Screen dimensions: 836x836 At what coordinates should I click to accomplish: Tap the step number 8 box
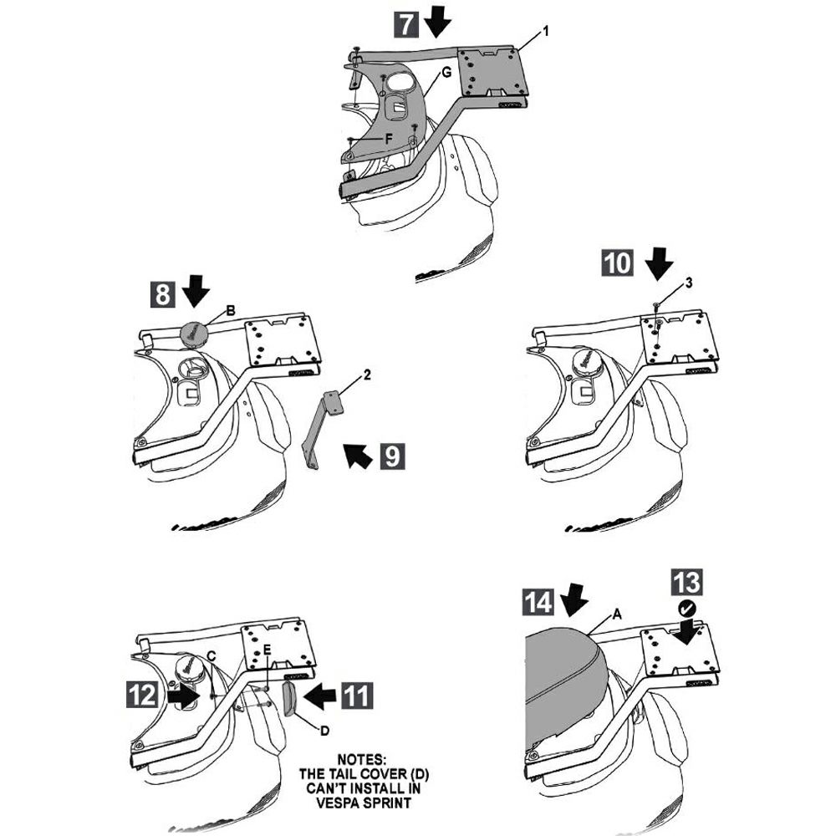tap(165, 294)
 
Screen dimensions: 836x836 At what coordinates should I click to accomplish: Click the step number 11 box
tap(359, 694)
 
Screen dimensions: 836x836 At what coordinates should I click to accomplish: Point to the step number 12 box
tap(142, 694)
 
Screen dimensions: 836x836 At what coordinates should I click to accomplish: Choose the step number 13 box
tap(685, 584)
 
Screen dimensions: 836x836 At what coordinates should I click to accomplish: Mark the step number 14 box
tap(540, 602)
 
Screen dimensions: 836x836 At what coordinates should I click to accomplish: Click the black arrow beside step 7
tap(436, 22)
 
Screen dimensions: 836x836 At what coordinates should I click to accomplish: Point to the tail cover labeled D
tap(290, 698)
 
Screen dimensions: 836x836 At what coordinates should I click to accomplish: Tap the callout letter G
tap(446, 73)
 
